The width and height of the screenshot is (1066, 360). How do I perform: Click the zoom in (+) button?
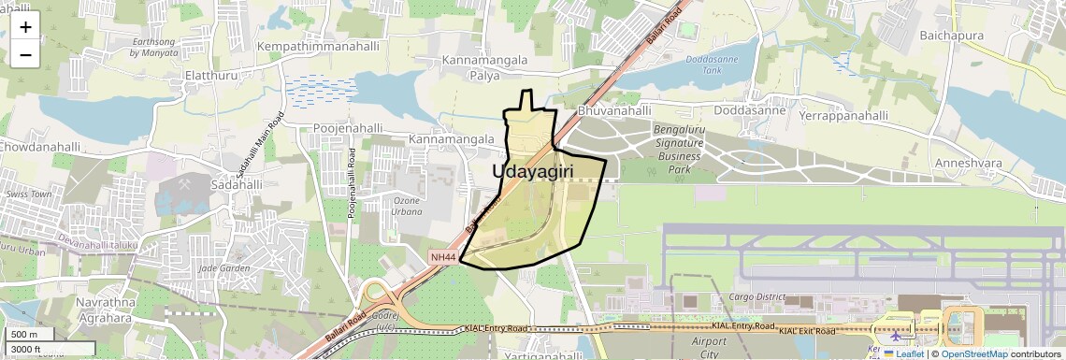pos(25,27)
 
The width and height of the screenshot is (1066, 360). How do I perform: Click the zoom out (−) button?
pos(25,54)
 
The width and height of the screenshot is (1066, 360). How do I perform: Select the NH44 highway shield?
pos(443,257)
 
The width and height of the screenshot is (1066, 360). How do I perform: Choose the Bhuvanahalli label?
pos(614,110)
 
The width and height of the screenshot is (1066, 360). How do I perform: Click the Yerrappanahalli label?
pos(843,116)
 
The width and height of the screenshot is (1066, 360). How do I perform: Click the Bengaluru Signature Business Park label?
pos(679,149)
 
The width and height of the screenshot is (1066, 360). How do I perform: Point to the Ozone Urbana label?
pos(407,207)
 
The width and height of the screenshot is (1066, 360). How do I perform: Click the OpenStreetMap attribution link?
pos(974,353)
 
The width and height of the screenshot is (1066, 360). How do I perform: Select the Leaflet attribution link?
pos(903,353)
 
